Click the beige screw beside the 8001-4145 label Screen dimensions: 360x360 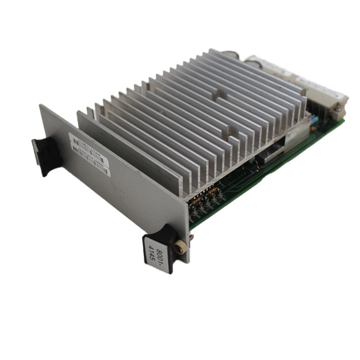180,247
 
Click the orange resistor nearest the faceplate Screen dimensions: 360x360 197,201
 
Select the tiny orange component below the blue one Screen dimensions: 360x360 312,128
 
